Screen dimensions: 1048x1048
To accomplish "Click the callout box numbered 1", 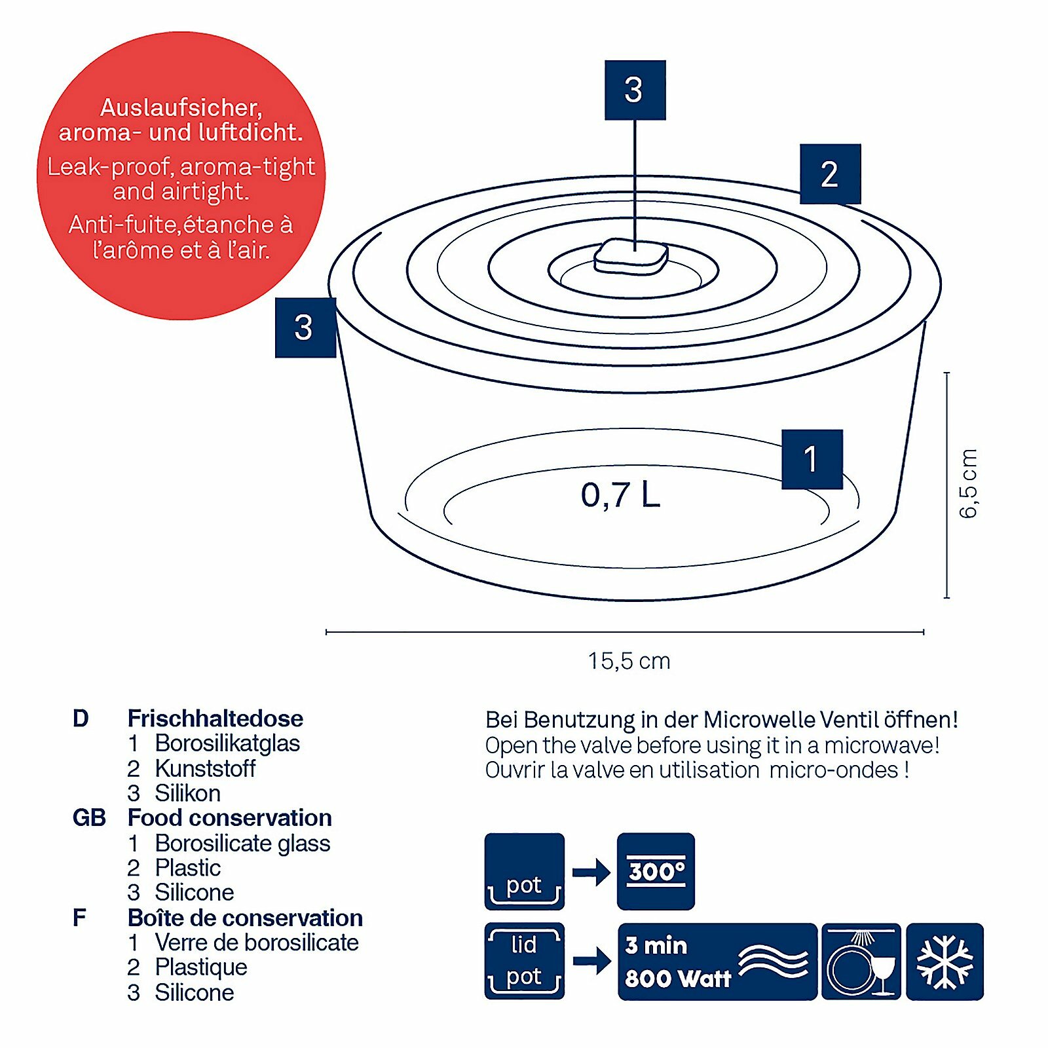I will coord(812,459).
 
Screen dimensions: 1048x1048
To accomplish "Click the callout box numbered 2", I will coord(830,174).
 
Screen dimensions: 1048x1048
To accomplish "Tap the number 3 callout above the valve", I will coord(635,90).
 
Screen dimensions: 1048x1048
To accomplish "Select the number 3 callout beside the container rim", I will coord(305,327).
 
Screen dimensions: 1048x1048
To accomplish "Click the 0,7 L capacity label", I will coord(620,495).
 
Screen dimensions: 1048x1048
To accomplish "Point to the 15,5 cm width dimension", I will coord(629,661).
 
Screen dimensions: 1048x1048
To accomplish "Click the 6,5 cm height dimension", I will coord(967,483).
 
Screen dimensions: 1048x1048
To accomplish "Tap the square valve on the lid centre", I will coord(631,257).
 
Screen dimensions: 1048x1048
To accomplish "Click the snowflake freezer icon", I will coord(945,962).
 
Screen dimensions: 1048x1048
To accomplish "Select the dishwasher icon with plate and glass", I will coord(861,962).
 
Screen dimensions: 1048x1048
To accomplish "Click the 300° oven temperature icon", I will coord(656,871).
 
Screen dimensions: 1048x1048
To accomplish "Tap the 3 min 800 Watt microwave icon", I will coord(717,962).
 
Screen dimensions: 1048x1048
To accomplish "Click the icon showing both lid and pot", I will coord(524,961).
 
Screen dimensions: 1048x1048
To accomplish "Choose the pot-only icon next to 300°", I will coord(524,871).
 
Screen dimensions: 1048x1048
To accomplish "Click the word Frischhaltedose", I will coord(215,719).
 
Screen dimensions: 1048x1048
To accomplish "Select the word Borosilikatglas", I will coord(227,743).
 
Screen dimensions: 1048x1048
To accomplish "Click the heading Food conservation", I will coord(230,818).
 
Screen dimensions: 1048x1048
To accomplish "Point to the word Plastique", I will coord(201,967).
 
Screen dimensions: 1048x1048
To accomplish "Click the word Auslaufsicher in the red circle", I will coord(181,107).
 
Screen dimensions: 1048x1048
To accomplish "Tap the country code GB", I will coord(89,818).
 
